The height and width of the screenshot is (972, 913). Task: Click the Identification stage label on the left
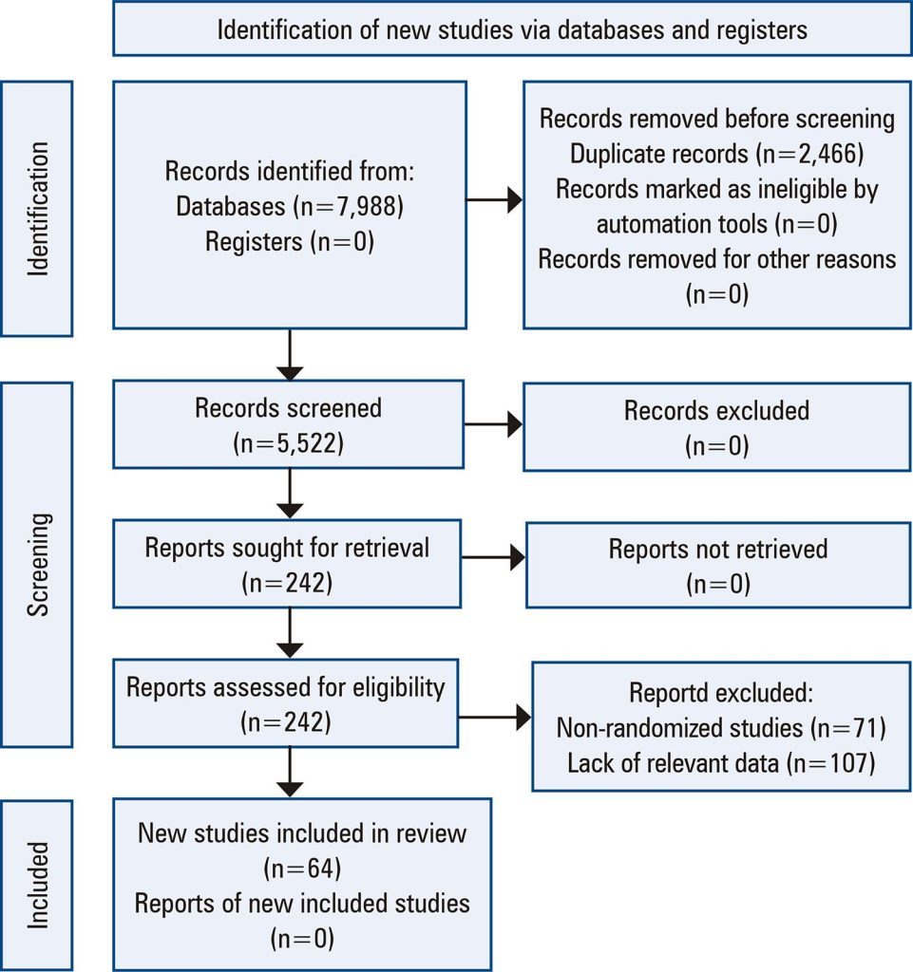(38, 209)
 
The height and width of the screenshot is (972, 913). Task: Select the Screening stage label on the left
(38, 565)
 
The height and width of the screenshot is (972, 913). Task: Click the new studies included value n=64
(302, 869)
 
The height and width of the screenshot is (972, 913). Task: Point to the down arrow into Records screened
(289, 355)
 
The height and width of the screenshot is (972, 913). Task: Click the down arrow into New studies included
(289, 775)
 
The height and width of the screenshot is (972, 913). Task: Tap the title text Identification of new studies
(512, 29)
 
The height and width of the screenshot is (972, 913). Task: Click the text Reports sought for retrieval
(287, 548)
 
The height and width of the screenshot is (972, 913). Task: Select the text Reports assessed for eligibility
(285, 687)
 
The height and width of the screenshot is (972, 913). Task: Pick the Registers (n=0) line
(289, 241)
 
